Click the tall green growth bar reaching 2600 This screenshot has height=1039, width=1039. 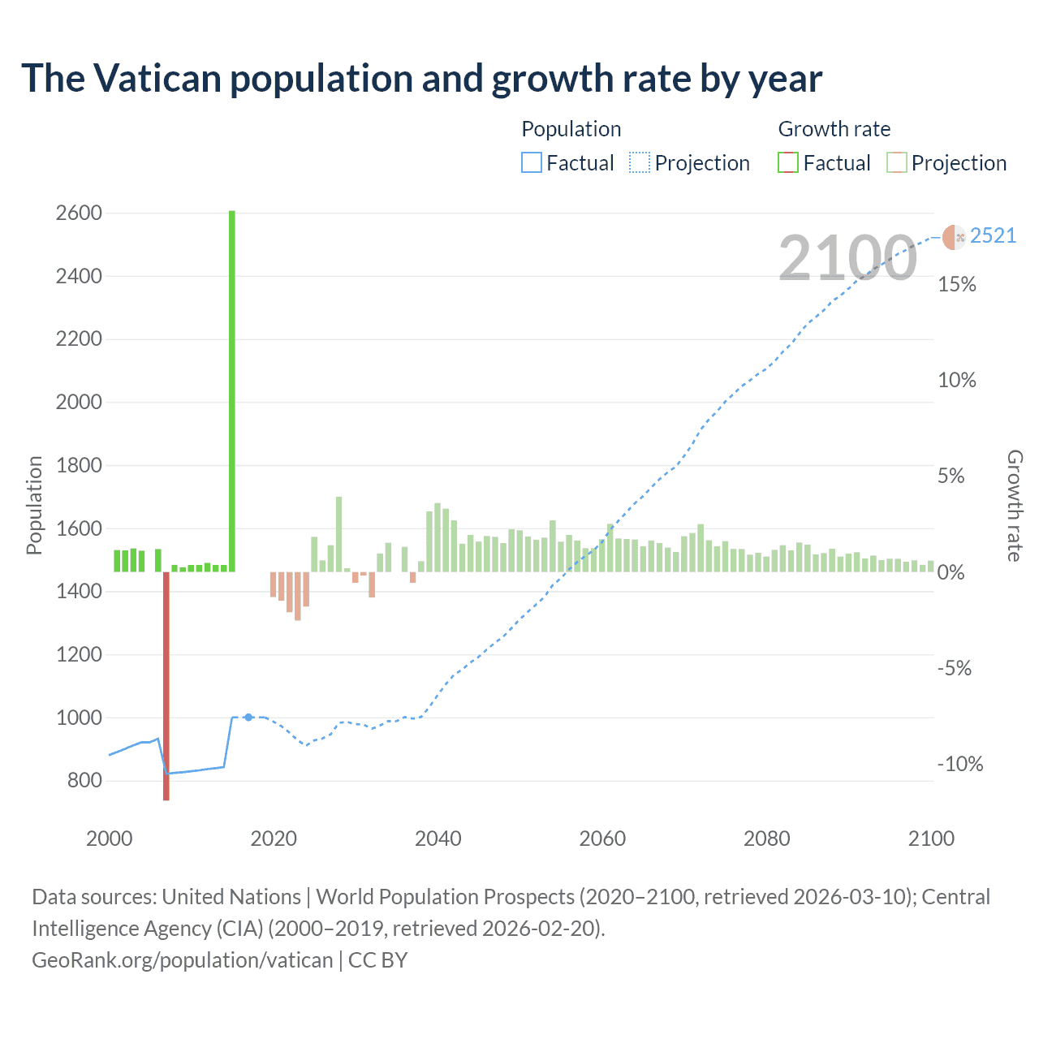(x=232, y=390)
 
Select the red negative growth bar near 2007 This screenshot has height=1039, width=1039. (x=166, y=686)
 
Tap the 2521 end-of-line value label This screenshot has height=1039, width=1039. (x=993, y=235)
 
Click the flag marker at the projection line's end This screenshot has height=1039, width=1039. (x=954, y=237)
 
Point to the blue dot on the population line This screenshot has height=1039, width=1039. (x=248, y=718)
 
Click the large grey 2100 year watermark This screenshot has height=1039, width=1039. (x=847, y=258)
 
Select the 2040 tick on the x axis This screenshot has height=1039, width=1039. (x=438, y=839)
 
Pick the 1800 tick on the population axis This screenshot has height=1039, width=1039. (x=79, y=465)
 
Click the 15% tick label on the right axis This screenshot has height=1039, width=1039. (x=957, y=284)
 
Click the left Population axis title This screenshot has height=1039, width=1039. (x=34, y=505)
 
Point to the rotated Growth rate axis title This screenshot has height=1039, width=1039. (x=1014, y=505)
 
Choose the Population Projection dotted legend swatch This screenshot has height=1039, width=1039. (x=640, y=163)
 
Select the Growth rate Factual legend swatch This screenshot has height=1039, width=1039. (x=788, y=163)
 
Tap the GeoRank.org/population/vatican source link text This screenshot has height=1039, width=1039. (x=182, y=960)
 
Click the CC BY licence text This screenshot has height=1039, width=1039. (x=377, y=960)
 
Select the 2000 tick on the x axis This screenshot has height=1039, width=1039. (x=110, y=839)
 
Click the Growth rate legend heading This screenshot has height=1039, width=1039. (x=834, y=129)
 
